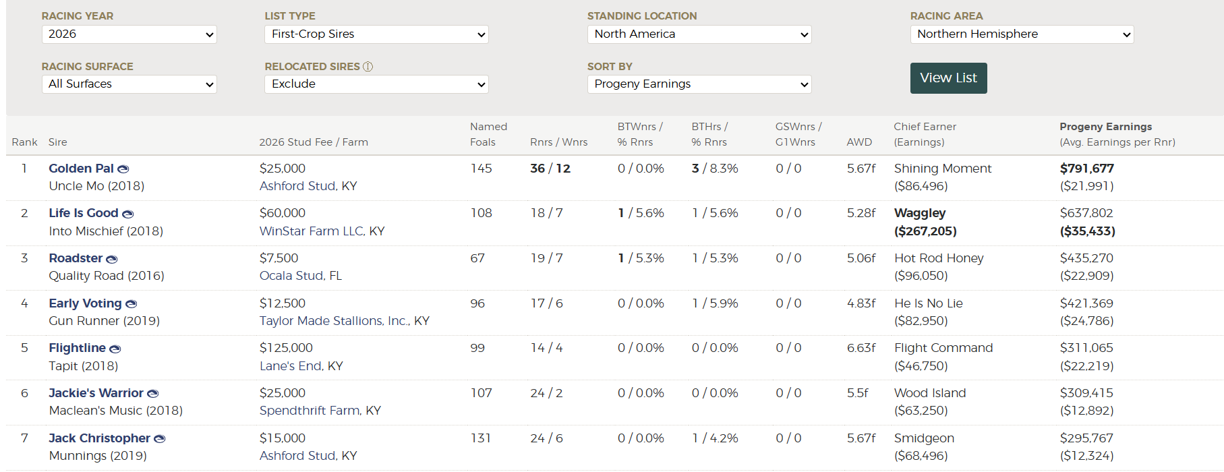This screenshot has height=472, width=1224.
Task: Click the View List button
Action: [x=948, y=78]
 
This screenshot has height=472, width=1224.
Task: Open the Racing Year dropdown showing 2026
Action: [x=129, y=34]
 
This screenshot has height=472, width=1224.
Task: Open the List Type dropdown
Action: [x=376, y=34]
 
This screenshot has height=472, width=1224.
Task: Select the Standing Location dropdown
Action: [x=699, y=34]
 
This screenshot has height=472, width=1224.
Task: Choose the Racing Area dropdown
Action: [x=1022, y=34]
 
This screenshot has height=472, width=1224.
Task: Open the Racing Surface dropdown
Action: [x=129, y=84]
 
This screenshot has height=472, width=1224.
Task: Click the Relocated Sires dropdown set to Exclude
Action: [x=376, y=84]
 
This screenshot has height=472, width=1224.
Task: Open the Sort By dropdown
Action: [x=699, y=84]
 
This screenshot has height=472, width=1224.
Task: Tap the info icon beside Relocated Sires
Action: [x=368, y=67]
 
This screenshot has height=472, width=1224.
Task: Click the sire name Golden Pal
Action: [x=81, y=169]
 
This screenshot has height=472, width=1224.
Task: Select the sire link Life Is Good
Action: [x=84, y=213]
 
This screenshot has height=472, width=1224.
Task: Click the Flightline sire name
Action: [x=77, y=348]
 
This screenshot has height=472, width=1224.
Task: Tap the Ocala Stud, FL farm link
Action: [x=301, y=276]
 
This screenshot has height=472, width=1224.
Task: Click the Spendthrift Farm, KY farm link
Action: [x=320, y=411]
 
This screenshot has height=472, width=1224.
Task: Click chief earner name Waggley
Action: [x=920, y=213]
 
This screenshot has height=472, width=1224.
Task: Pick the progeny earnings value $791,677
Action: [x=1087, y=169]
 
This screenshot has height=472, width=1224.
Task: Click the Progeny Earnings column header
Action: [x=1106, y=127]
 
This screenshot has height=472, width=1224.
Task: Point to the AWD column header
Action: [x=859, y=142]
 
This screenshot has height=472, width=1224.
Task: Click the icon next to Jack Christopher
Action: [x=160, y=439]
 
